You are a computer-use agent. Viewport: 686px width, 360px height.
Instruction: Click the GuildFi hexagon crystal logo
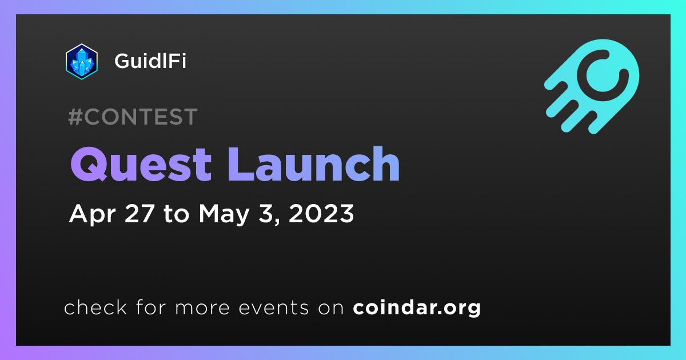pos(81,62)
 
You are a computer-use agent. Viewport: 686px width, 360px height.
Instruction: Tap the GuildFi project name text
pos(150,61)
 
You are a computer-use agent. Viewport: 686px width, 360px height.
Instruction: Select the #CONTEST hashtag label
pos(133,117)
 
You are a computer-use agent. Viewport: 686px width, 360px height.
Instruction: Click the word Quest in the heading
pos(141,165)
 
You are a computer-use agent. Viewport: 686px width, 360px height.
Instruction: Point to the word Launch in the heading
pos(314,164)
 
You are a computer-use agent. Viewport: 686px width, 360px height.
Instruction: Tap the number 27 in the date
pos(139,213)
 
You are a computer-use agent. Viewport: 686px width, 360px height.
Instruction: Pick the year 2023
pos(321,213)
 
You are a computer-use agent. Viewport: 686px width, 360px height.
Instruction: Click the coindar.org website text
pos(417,308)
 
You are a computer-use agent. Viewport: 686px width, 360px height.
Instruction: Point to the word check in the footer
pos(95,307)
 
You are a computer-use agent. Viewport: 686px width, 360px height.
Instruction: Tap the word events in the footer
pos(274,307)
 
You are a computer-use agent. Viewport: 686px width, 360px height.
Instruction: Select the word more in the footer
pos(202,309)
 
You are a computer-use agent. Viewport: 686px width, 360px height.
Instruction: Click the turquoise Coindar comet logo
pos(592,86)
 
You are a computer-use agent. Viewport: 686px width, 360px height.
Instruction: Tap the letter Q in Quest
pos(89,165)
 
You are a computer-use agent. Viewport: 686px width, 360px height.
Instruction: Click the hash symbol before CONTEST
pos(75,117)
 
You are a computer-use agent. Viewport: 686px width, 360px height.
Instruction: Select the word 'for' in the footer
pos(151,307)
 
